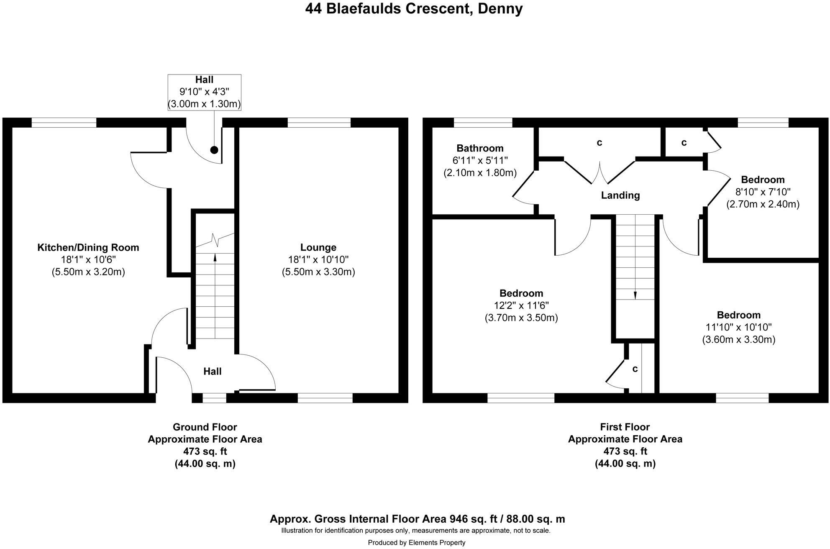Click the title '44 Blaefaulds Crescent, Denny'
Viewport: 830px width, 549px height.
(414, 8)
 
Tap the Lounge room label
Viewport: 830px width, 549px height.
(318, 247)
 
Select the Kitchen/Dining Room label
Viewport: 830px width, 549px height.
(88, 247)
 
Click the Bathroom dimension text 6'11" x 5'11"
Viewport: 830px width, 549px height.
(480, 160)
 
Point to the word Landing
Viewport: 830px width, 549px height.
(620, 195)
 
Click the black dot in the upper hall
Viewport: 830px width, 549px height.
(214, 150)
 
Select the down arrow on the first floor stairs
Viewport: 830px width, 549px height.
(635, 295)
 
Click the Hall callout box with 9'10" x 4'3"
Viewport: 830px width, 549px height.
(204, 92)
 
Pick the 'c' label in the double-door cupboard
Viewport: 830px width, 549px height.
(599, 143)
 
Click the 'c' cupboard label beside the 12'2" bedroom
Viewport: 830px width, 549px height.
(635, 369)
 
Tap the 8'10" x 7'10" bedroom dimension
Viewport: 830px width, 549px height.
(762, 192)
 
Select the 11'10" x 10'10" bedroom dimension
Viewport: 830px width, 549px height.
(738, 327)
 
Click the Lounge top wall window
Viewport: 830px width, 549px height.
(319, 122)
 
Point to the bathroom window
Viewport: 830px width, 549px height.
(483, 122)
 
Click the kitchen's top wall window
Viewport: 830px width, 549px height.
(64, 122)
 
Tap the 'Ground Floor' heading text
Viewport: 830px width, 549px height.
(205, 427)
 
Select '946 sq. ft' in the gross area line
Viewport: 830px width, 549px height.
(474, 519)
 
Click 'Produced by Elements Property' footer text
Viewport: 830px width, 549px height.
(416, 543)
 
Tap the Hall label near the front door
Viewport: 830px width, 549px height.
(212, 371)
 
